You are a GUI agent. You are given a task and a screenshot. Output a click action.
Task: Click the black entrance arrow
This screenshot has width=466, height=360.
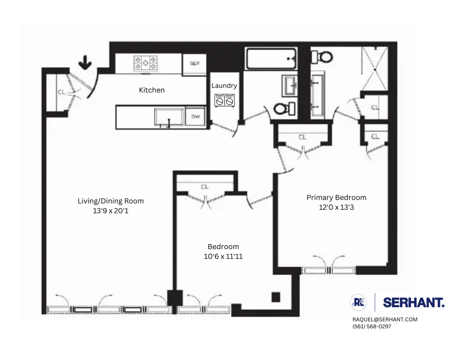[85, 62]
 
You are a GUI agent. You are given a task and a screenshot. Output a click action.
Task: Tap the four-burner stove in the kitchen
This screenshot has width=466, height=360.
[145, 63]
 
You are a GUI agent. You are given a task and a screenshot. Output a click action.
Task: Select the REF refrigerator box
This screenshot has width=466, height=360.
[194, 64]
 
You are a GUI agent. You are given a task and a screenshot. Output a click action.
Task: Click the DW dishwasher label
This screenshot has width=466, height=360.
[196, 117]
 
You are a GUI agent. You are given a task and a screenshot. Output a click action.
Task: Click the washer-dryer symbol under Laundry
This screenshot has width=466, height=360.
[224, 100]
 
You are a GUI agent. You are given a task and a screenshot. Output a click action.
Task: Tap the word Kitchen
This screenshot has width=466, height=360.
[152, 90]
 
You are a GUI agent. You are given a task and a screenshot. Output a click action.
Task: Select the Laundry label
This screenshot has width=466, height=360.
[224, 85]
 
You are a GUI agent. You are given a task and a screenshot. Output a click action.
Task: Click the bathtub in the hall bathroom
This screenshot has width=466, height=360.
[271, 59]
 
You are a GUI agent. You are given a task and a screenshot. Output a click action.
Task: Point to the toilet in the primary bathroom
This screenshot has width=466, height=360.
[322, 57]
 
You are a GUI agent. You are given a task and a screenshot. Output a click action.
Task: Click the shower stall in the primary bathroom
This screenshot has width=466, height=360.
[375, 68]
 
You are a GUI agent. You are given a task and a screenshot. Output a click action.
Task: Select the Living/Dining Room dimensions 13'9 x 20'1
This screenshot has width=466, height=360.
[111, 211]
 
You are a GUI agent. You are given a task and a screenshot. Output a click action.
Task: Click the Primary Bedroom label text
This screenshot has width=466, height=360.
[336, 197]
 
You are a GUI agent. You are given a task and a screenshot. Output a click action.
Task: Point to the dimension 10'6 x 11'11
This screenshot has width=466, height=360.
[223, 256]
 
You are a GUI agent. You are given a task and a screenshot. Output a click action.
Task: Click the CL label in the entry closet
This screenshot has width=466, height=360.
[62, 92]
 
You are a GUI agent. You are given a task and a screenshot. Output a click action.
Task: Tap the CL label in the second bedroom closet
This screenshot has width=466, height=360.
[205, 187]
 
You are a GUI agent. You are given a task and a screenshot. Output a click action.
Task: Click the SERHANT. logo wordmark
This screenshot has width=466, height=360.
[413, 302]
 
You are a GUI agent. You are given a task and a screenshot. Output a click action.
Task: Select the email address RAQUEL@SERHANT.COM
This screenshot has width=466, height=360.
[385, 319]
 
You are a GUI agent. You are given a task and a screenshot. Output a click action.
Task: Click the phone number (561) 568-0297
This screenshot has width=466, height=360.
[371, 327]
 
